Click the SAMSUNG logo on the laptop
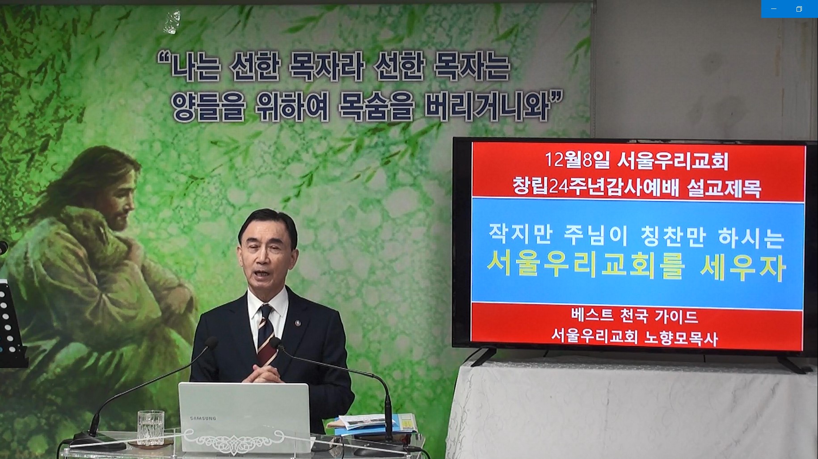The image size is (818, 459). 203,418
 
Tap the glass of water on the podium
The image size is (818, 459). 151,427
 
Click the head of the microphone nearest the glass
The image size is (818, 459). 212,343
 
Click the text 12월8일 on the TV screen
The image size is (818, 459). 577,160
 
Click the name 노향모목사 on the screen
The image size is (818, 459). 681,337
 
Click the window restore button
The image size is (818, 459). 799,9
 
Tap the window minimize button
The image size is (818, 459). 774,9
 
